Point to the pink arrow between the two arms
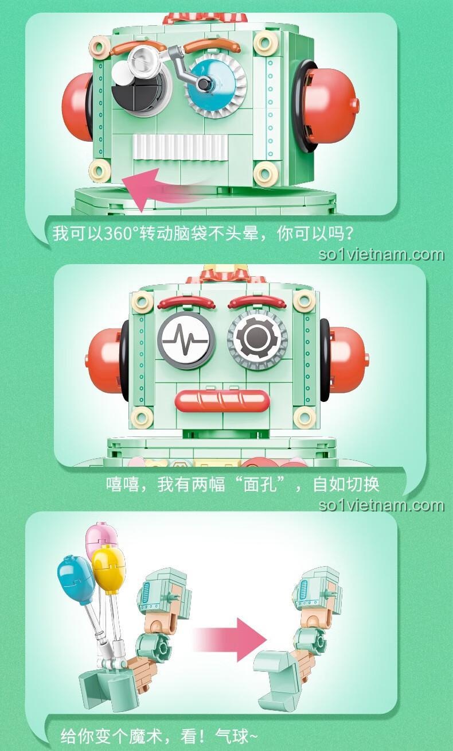click(231, 640)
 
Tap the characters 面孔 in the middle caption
click(260, 484)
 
